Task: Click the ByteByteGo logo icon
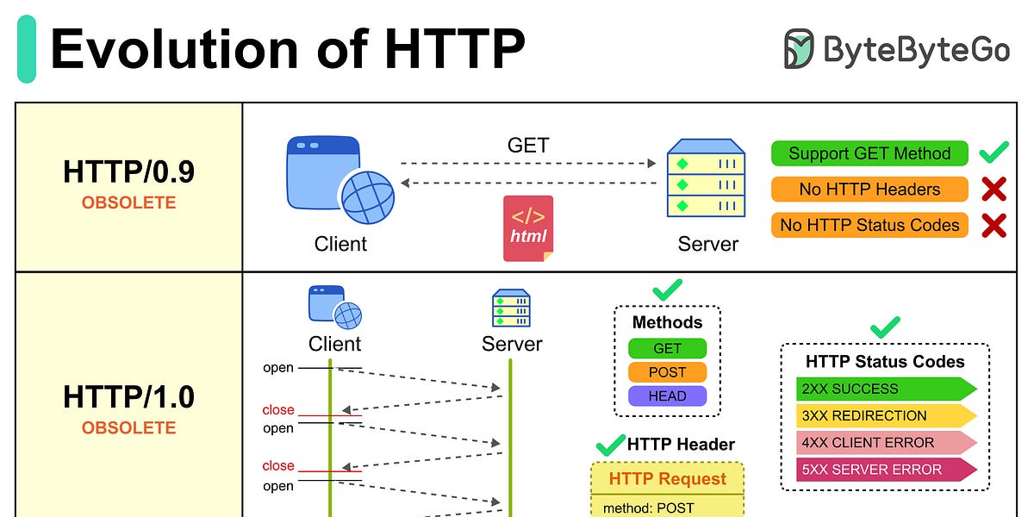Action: tap(799, 49)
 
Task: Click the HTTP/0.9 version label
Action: tap(128, 171)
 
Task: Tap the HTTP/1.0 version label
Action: tap(128, 396)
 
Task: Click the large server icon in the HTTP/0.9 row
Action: tap(706, 178)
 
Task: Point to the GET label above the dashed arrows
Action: tap(528, 145)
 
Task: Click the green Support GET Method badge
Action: tap(869, 153)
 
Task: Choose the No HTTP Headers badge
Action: tap(869, 190)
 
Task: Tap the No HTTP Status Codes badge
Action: tap(869, 225)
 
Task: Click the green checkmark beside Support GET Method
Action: tap(994, 153)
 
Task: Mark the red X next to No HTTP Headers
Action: tap(994, 190)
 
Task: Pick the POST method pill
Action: tap(667, 372)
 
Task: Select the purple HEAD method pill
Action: tap(667, 396)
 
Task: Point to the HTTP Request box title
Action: tap(667, 479)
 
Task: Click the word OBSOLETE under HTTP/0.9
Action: tap(128, 203)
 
